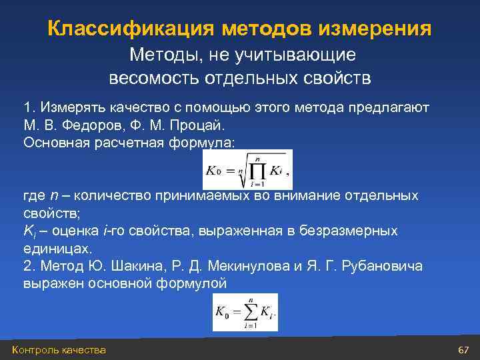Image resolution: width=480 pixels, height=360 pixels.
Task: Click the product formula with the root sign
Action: tap(247, 170)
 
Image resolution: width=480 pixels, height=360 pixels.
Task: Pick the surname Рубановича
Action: tap(381, 266)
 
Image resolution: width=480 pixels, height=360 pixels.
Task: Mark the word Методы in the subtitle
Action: tap(161, 54)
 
